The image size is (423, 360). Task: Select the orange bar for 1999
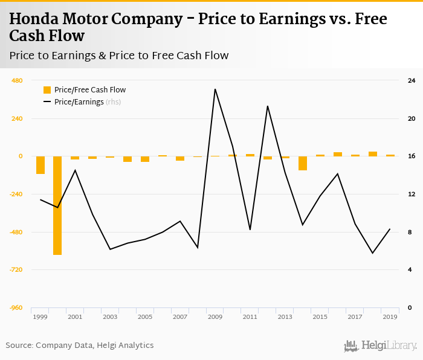pyautogui.click(x=40, y=165)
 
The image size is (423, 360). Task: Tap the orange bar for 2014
pyautogui.click(x=303, y=163)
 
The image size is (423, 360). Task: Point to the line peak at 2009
pyautogui.click(x=215, y=89)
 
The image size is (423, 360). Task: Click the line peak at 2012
pyautogui.click(x=267, y=106)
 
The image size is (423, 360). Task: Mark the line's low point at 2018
pyautogui.click(x=372, y=253)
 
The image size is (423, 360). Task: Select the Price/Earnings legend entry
pyautogui.click(x=79, y=102)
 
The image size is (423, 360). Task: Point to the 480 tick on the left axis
pyautogui.click(x=17, y=80)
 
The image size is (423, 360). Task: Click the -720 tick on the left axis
pyautogui.click(x=16, y=269)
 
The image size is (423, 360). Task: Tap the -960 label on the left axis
pyautogui.click(x=16, y=307)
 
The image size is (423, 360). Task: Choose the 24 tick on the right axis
pyautogui.click(x=411, y=80)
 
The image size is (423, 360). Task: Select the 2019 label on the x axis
pyautogui.click(x=390, y=317)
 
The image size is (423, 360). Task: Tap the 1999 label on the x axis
pyautogui.click(x=40, y=317)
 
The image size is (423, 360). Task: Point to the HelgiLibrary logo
pyautogui.click(x=381, y=346)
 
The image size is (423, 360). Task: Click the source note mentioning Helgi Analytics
pyautogui.click(x=80, y=346)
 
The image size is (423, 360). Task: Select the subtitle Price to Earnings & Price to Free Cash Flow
pyautogui.click(x=119, y=56)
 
